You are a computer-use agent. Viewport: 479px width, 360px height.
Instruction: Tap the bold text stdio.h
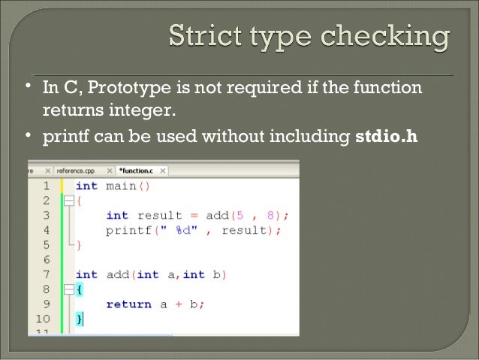point(385,138)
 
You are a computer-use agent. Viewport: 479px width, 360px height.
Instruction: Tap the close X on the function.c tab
point(163,171)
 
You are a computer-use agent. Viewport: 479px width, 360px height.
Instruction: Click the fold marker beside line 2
point(68,201)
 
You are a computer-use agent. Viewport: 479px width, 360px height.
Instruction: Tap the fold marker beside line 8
point(68,289)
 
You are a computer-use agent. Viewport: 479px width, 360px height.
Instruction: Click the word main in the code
point(120,186)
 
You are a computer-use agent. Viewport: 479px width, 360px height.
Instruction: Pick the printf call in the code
point(126,230)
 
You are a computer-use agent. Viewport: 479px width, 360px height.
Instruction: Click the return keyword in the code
point(128,304)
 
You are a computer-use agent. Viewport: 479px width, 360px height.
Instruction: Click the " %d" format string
point(172,230)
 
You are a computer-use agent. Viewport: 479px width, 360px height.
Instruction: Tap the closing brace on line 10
point(79,319)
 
